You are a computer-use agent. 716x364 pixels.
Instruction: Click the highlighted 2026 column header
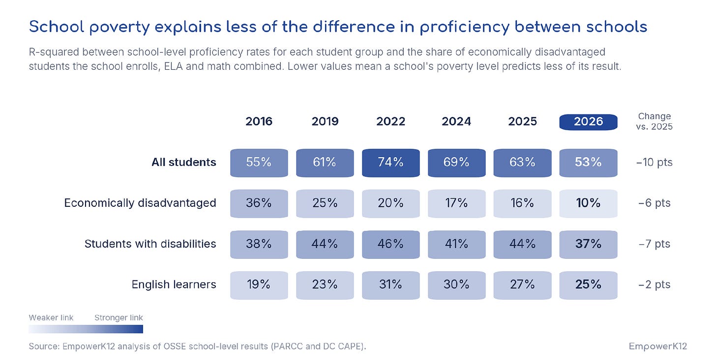pos(588,122)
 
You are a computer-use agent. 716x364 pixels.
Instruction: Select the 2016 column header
pos(259,121)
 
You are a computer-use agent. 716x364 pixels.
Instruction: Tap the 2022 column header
pos(390,121)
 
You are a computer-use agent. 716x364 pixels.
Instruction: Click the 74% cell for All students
pos(390,163)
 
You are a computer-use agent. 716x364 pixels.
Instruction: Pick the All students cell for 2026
pos(588,163)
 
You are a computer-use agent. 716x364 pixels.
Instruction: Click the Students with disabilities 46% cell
pos(390,245)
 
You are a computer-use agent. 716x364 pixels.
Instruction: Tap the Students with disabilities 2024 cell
pos(456,245)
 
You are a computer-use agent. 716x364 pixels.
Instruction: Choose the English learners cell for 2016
pos(259,285)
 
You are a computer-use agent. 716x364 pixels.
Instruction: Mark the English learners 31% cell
pos(390,285)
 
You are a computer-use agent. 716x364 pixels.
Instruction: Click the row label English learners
pos(174,284)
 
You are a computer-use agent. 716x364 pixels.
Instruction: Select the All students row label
pos(184,162)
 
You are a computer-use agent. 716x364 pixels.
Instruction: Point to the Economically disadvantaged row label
pos(140,203)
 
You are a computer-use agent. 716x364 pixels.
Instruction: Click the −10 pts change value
pos(655,162)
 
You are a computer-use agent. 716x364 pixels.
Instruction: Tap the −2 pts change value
pos(655,284)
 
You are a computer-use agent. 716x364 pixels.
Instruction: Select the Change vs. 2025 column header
pos(655,121)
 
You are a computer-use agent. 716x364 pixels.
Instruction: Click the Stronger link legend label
pos(119,318)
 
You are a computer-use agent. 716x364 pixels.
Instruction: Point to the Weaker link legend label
pos(51,318)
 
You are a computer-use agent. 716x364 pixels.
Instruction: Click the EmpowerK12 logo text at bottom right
pos(658,346)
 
